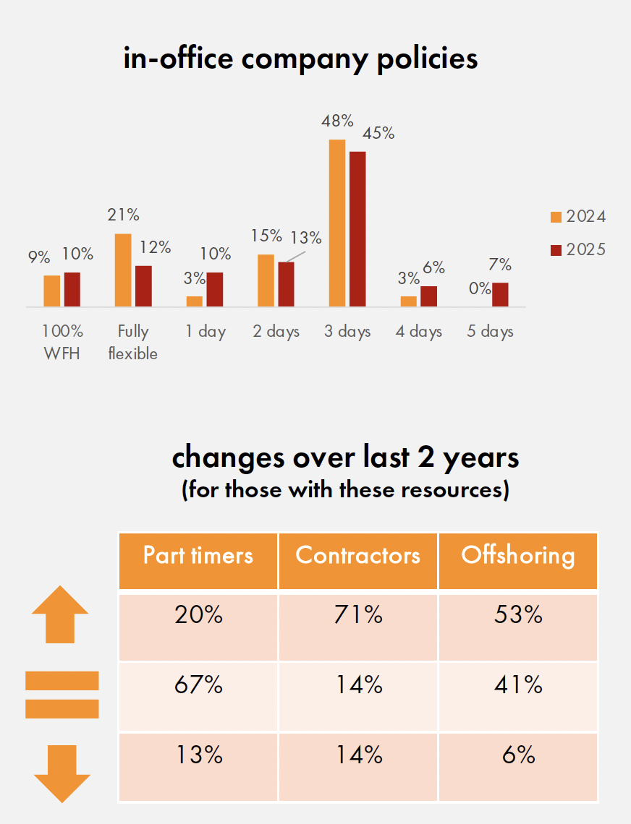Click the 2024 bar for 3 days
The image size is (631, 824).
[x=336, y=223]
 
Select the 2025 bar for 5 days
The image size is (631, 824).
[x=500, y=295]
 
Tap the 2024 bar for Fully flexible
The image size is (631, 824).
[x=123, y=270]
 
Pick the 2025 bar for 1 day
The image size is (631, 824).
[x=214, y=290]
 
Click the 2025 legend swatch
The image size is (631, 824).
[x=556, y=250]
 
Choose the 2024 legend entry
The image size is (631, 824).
[x=577, y=216]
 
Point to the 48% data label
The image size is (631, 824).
[x=337, y=121]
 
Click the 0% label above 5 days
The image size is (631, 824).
[x=480, y=288]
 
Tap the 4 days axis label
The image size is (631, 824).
[x=419, y=332]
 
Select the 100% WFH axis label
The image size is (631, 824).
[x=62, y=342]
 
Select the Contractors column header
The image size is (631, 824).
[x=357, y=555]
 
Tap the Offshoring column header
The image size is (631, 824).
[x=518, y=555]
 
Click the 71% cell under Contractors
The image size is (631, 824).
[x=357, y=616]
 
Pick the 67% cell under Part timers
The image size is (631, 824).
[x=198, y=684]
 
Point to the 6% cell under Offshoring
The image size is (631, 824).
[x=518, y=755]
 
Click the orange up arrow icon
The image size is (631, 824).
[x=60, y=615]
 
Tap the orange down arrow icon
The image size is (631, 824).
[x=62, y=774]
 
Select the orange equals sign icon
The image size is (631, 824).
[x=62, y=695]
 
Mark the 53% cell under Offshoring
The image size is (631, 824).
[x=518, y=616]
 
